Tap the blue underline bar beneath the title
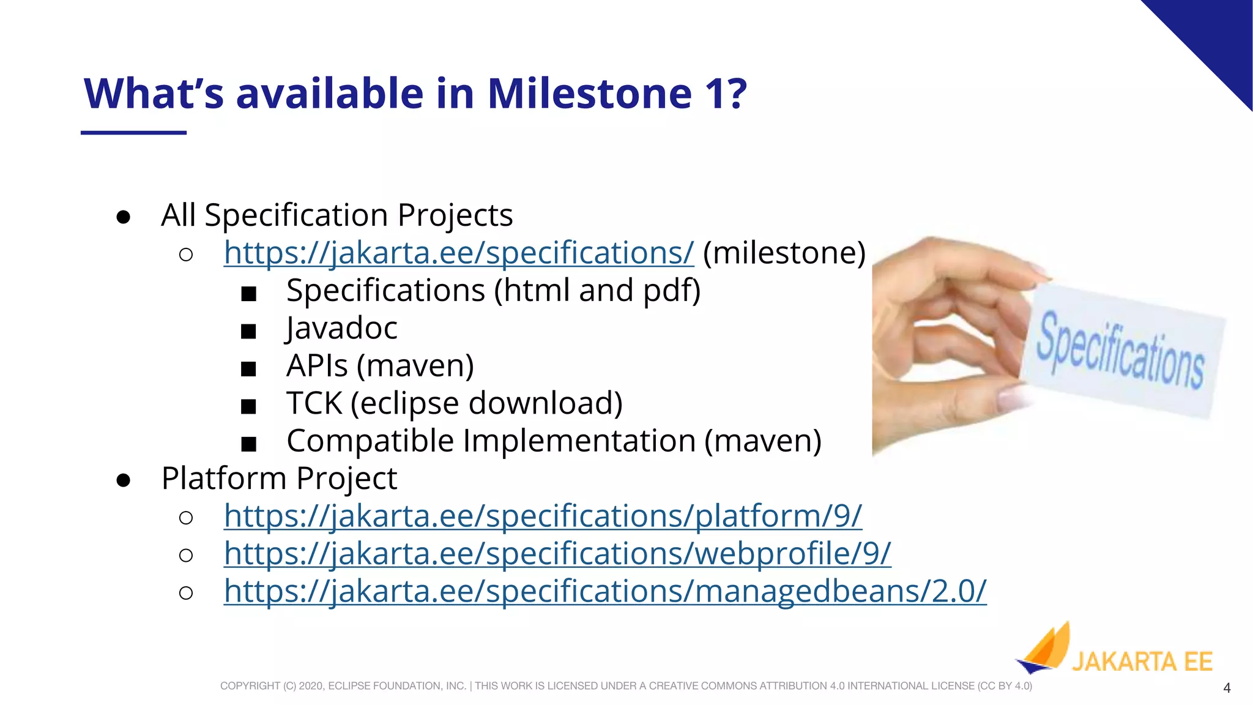(x=133, y=132)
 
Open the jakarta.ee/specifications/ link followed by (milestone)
(x=458, y=253)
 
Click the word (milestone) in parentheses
(x=784, y=253)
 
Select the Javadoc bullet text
(x=341, y=328)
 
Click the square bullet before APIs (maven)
(x=248, y=368)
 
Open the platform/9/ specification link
(x=543, y=516)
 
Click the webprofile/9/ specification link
(x=557, y=553)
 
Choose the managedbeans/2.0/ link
(x=604, y=591)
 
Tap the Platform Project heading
(x=279, y=478)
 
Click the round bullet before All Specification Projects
(x=123, y=217)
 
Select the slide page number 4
(x=1226, y=688)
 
